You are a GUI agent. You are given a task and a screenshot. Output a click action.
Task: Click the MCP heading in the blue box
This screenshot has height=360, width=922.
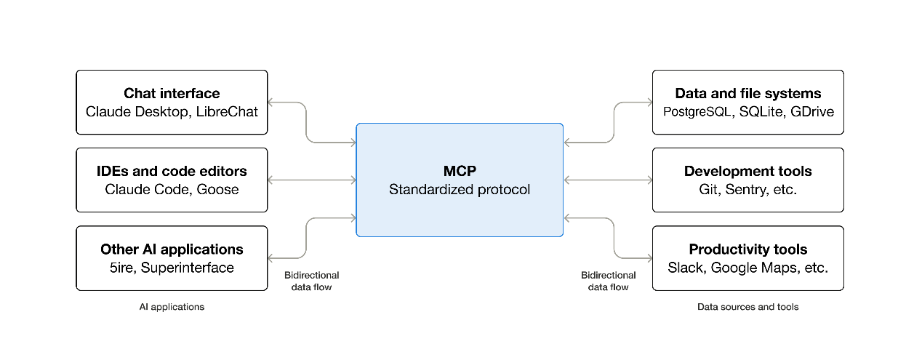[460, 171]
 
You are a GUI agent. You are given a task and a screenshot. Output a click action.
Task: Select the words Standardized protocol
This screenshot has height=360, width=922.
[460, 190]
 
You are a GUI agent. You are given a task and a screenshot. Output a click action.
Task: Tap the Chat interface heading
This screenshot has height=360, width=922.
[172, 94]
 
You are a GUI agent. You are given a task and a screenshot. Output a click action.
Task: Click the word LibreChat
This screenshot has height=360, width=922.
[227, 111]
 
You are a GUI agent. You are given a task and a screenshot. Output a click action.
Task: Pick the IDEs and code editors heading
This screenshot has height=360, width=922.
[172, 172]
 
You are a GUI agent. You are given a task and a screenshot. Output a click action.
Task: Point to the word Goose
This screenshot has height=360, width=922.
[217, 190]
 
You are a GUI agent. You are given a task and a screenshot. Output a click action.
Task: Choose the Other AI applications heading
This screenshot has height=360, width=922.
[172, 249]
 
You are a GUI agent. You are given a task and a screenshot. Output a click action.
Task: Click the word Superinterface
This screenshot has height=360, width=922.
[188, 268]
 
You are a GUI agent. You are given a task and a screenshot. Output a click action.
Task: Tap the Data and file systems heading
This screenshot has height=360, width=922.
[748, 94]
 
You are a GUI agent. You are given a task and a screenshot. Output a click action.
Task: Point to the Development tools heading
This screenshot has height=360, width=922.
[748, 172]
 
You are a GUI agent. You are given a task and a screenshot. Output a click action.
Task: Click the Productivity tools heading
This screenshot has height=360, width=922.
[748, 249]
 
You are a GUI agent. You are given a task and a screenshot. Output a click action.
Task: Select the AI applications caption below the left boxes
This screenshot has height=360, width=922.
[172, 307]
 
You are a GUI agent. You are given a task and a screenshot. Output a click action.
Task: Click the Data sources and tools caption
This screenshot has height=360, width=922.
[748, 307]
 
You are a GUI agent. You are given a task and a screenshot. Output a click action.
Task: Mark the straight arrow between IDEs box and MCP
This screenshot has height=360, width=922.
[312, 180]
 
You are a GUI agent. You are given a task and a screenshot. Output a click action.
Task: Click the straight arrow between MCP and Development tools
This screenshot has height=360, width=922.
[608, 180]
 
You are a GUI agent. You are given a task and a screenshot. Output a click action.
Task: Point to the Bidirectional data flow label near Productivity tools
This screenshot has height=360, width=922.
[608, 281]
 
